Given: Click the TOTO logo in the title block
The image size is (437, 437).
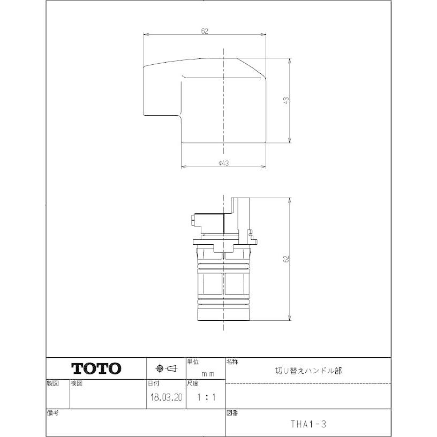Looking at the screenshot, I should (x=96, y=368).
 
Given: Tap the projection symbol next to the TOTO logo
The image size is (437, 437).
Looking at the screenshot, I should (x=165, y=368).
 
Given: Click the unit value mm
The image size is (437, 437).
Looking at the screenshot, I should (x=208, y=374).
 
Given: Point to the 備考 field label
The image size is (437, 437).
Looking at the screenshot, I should (x=52, y=413).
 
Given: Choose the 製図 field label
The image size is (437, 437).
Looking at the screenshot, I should (x=52, y=384).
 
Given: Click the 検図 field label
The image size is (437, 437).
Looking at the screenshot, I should (x=77, y=384).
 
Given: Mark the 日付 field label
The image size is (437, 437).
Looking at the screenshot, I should (x=153, y=384).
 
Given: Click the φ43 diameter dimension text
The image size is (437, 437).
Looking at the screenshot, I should (x=224, y=163).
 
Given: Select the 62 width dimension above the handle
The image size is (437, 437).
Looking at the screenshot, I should (x=205, y=31).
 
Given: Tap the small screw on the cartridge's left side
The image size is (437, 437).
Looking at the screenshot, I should (x=191, y=218).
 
